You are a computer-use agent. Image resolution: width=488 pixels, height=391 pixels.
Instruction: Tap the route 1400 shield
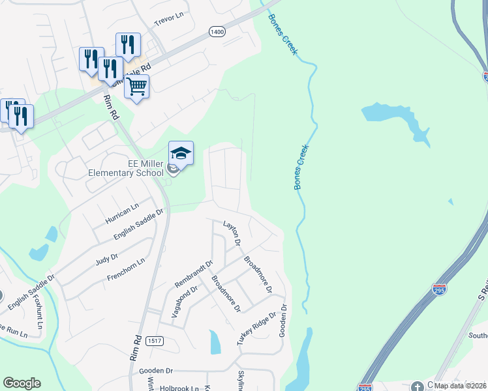pos(217,31)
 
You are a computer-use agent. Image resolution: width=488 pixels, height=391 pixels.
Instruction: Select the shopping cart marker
pos(136,86)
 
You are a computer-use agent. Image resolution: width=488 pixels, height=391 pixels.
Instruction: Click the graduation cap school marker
pos(181,153)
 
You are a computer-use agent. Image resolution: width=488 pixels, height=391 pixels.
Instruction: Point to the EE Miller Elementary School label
pos(127,169)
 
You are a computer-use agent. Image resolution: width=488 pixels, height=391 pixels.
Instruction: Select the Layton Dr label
pos(233,233)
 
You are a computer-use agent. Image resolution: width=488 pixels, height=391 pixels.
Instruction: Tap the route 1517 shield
pos(155,341)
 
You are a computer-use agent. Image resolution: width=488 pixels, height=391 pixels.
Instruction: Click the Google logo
pos(22,383)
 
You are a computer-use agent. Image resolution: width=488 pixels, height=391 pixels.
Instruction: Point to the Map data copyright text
pos(461,386)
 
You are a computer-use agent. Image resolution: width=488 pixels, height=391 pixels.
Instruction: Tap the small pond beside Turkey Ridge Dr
pos(215,341)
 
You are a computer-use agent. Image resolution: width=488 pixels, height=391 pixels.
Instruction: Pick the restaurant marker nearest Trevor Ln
pos(127,44)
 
